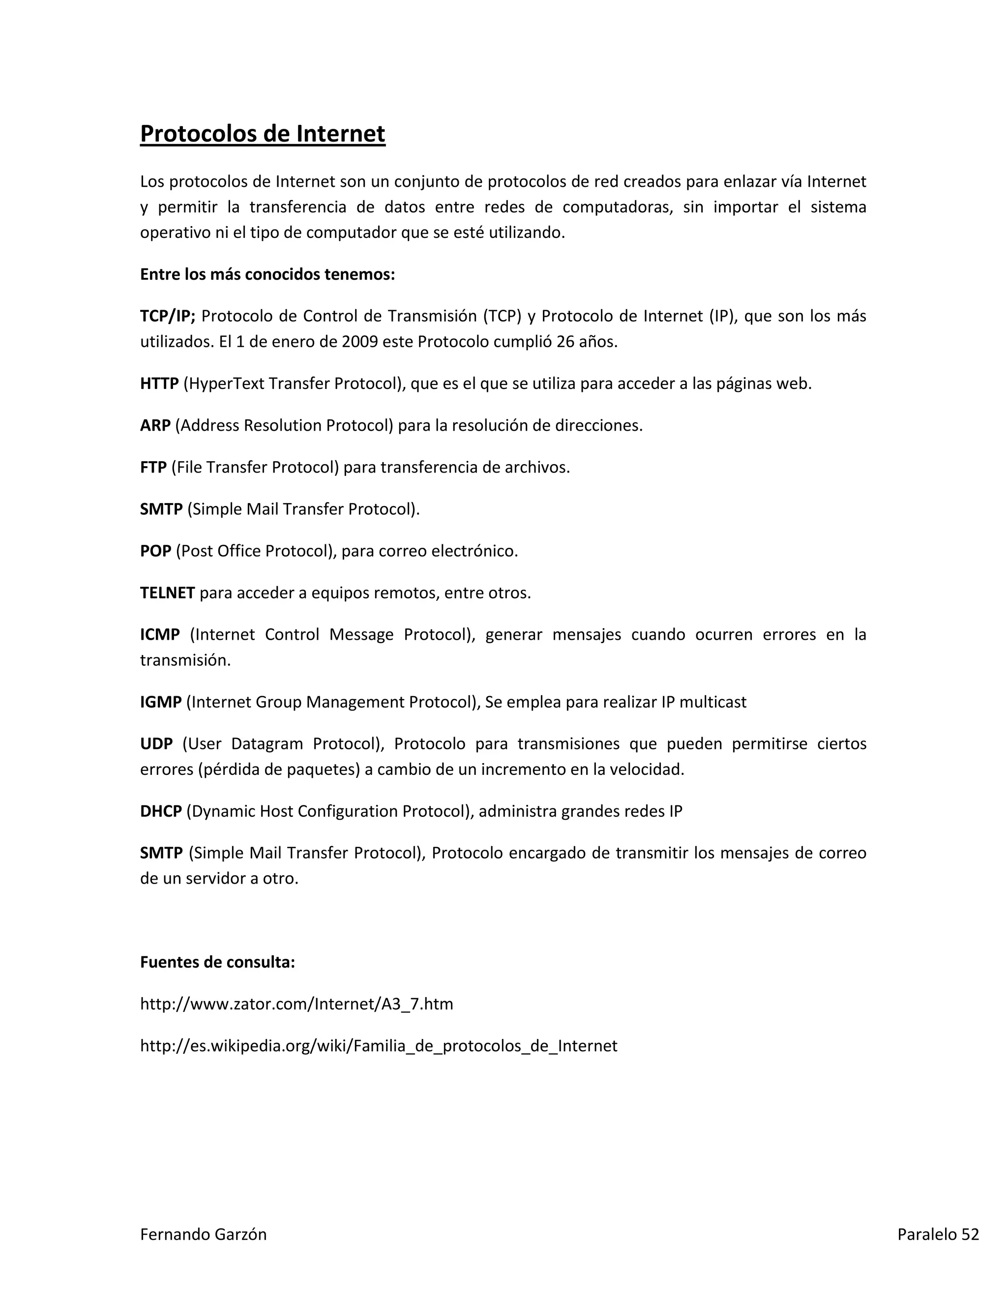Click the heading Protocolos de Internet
[x=263, y=134]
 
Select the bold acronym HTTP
[x=159, y=383]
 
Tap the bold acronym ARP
[x=155, y=425]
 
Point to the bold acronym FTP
[x=153, y=467]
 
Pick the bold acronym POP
[x=156, y=551]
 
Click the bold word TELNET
[x=167, y=592]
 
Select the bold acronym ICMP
[x=160, y=634]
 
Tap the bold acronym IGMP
[x=160, y=702]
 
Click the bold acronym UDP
[x=156, y=743]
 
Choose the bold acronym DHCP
[x=160, y=811]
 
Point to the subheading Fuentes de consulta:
[x=217, y=962]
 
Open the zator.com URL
[x=296, y=1004]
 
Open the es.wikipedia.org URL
[x=378, y=1045]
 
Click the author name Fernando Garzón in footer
[x=203, y=1234]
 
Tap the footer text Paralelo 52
[x=938, y=1234]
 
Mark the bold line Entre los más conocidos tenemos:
[x=267, y=274]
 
